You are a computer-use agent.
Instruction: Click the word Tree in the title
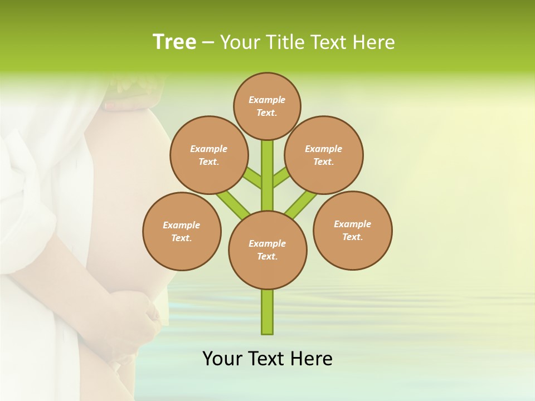pos(174,42)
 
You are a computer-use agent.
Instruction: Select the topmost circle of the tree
pos(267,106)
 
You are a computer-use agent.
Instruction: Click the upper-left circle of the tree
pos(208,155)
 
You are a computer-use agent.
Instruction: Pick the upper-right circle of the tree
pos(324,155)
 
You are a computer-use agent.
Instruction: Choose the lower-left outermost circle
pos(182,231)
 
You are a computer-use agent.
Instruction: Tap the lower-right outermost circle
pos(352,230)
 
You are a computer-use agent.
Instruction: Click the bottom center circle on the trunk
pos(267,250)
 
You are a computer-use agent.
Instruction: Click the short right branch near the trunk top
pos(281,177)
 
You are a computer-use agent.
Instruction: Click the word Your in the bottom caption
pos(222,359)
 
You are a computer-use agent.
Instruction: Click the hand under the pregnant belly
pos(139,323)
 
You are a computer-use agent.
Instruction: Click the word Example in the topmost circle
pos(266,100)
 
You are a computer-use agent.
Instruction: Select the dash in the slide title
pos(208,42)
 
